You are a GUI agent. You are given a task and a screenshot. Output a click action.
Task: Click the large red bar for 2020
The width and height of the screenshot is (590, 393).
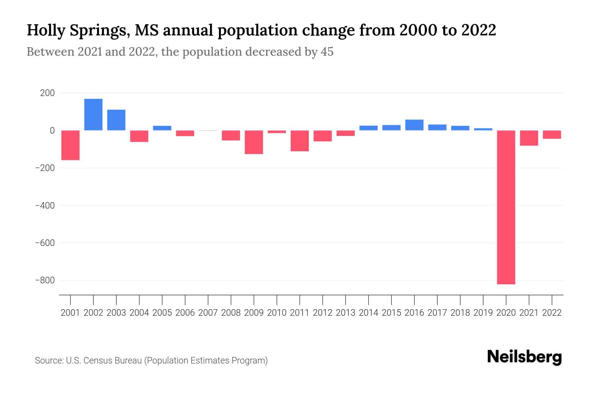coord(506,207)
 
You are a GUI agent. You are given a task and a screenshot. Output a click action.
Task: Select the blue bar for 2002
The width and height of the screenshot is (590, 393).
coord(93,115)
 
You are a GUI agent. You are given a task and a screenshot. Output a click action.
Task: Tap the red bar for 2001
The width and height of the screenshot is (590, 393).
coord(70,145)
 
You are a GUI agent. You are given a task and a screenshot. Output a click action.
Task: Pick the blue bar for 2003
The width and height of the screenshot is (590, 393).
coord(116,120)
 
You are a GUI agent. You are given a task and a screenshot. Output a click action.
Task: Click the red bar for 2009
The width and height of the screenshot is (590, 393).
coord(254,142)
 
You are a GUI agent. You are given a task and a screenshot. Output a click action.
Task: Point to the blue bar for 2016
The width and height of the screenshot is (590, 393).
coord(414,125)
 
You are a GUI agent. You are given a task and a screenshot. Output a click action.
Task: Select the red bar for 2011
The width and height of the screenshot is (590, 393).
coord(300,141)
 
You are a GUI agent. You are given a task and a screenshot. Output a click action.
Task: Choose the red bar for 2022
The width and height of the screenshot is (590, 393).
coord(552,135)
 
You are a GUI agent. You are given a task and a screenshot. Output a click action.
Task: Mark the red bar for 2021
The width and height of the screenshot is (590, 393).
coord(529,138)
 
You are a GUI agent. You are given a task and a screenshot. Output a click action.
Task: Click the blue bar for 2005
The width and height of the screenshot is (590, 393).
coord(162,128)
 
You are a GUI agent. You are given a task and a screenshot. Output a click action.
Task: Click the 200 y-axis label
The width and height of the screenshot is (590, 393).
coord(48,93)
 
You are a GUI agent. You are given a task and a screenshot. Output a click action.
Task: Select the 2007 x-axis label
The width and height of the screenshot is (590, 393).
coord(208,313)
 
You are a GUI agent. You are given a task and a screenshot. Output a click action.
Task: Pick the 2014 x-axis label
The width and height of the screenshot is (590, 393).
coord(368,313)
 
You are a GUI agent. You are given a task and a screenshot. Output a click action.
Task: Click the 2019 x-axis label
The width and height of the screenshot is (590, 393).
coord(483,313)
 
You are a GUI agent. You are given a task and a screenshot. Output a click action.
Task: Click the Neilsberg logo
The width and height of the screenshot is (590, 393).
coord(524,357)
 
